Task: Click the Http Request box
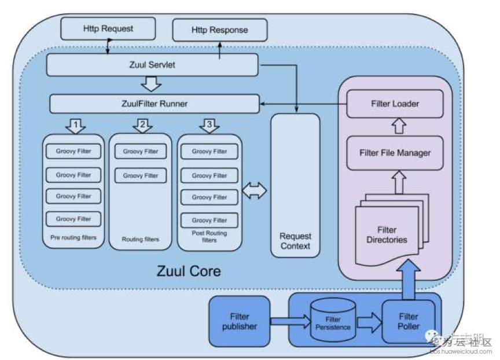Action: pyautogui.click(x=108, y=28)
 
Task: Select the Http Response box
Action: pyautogui.click(x=220, y=30)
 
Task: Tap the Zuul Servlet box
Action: pyautogui.click(x=152, y=65)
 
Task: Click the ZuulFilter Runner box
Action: pyautogui.click(x=154, y=104)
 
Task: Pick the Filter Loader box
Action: pyautogui.click(x=395, y=104)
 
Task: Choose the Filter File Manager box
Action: pyautogui.click(x=395, y=153)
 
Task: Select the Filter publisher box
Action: pyautogui.click(x=239, y=321)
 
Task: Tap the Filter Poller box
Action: pyautogui.click(x=408, y=321)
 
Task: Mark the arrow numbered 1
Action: pyautogui.click(x=75, y=124)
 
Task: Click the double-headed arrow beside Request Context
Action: pyautogui.click(x=255, y=192)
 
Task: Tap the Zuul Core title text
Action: pyautogui.click(x=189, y=270)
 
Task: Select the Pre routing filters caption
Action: pyautogui.click(x=73, y=237)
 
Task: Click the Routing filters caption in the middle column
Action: pyautogui.click(x=140, y=239)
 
